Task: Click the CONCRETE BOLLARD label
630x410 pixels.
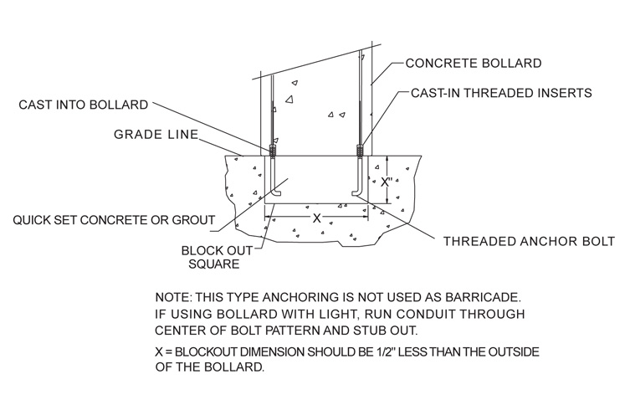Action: (x=473, y=64)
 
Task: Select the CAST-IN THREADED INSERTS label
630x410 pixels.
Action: (x=502, y=94)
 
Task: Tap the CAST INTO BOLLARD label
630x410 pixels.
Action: (x=83, y=105)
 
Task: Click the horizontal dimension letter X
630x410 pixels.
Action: (x=315, y=217)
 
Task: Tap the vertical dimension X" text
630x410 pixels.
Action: (x=387, y=182)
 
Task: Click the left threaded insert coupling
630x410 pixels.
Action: (x=272, y=151)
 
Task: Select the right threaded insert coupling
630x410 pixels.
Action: (x=360, y=151)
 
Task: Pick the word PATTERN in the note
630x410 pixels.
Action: (x=293, y=330)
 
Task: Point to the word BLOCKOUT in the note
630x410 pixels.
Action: (x=214, y=351)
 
